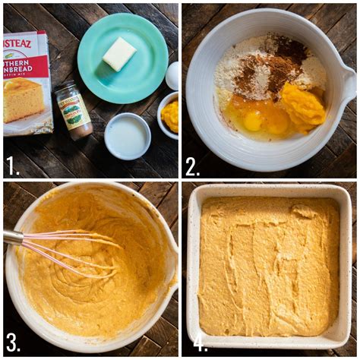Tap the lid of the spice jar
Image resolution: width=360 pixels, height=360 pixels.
66,88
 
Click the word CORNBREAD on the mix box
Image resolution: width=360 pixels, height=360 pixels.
27,64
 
